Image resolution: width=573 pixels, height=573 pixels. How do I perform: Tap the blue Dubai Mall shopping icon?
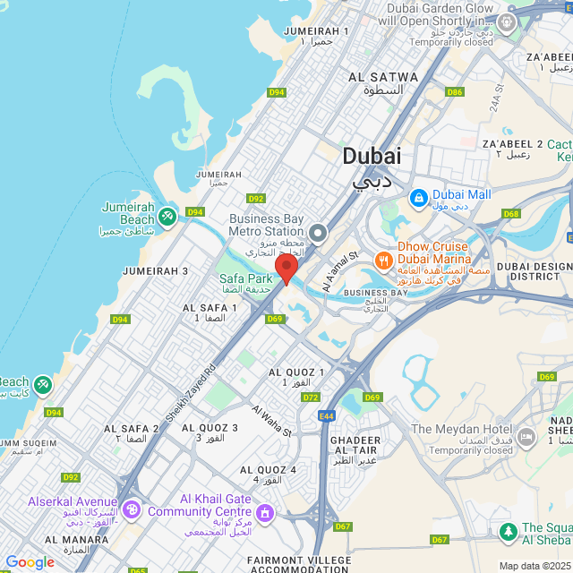click(417, 197)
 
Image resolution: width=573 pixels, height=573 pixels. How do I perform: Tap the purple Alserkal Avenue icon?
click(132, 509)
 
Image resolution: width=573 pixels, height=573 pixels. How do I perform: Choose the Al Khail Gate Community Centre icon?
click(264, 513)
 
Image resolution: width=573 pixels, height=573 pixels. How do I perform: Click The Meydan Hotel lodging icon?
click(526, 438)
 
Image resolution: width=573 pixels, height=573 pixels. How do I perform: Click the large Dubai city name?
click(372, 156)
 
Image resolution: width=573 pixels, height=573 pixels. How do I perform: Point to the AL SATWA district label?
click(383, 78)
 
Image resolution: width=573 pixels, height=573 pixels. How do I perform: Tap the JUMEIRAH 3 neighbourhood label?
click(156, 271)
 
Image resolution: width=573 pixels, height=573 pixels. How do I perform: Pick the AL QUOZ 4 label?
click(268, 470)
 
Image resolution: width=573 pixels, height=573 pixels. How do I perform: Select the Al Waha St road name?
click(272, 420)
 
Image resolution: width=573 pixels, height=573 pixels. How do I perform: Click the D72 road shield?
click(311, 397)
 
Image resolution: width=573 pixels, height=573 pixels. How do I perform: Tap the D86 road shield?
click(455, 92)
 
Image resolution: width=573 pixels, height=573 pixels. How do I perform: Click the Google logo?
click(30, 562)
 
